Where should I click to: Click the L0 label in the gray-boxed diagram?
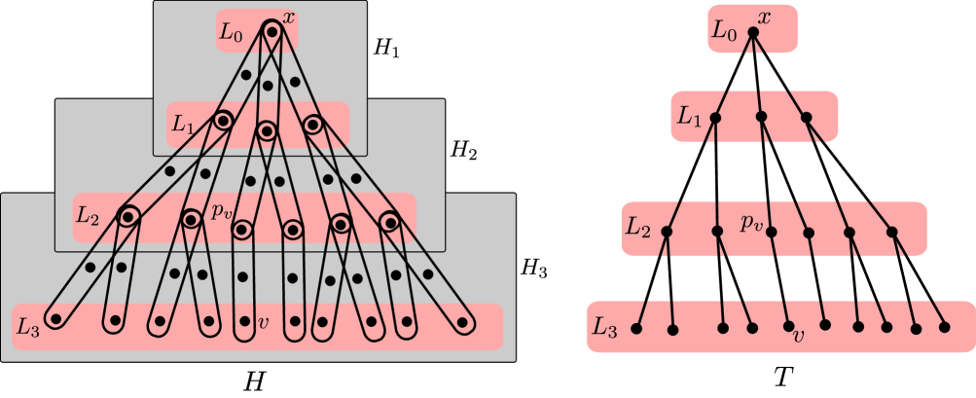coord(231,33)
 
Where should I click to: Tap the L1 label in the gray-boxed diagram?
coord(184,124)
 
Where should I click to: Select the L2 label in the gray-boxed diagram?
coord(89,215)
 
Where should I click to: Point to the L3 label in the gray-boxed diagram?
coord(28,328)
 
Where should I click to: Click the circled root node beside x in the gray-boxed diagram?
coord(271,33)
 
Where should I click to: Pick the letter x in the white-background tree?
coord(765,18)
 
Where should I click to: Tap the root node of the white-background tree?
coord(752,32)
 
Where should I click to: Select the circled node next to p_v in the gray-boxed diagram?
coord(241,230)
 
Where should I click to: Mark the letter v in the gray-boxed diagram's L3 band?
coord(262,320)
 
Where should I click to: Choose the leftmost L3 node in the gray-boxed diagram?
coord(57,318)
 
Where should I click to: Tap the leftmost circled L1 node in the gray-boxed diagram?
coord(223,121)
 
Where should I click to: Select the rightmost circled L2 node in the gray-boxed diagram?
coord(389,223)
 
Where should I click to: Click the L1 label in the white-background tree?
coord(689,119)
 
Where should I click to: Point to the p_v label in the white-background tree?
coord(750,224)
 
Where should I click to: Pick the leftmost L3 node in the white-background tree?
coord(636,329)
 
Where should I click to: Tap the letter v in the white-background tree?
coord(799,337)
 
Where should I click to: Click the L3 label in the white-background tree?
coord(604,330)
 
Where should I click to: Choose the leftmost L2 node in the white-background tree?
coord(668,232)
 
